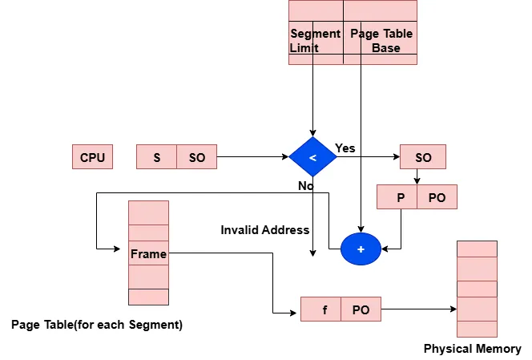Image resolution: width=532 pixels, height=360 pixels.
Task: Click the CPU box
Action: [92, 157]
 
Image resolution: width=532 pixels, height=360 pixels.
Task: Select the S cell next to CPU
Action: [157, 157]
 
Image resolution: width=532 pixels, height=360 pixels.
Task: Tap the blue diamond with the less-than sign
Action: [312, 157]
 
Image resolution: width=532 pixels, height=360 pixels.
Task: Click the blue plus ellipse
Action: [361, 249]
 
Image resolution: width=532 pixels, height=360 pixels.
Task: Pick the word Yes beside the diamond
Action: [345, 148]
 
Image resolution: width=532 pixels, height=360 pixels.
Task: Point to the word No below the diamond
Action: [305, 185]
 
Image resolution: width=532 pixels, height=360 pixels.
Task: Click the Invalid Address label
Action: [264, 230]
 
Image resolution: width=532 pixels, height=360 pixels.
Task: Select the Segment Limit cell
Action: [315, 40]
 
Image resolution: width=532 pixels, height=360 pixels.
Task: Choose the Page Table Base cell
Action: [381, 40]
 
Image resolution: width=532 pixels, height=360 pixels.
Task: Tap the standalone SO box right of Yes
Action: [423, 157]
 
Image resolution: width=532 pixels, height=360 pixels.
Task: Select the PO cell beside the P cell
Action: [437, 197]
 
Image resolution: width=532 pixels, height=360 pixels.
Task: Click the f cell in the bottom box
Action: [324, 309]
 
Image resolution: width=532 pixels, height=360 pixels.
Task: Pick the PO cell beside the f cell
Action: [361, 309]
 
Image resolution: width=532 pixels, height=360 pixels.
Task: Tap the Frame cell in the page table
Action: [148, 253]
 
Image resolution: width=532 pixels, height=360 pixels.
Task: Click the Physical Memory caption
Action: [472, 349]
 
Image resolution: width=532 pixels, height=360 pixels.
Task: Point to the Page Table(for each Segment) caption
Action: [96, 325]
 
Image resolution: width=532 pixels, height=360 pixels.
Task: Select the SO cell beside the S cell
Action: [197, 157]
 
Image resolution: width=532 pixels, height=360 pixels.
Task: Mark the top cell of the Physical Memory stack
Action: [477, 249]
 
